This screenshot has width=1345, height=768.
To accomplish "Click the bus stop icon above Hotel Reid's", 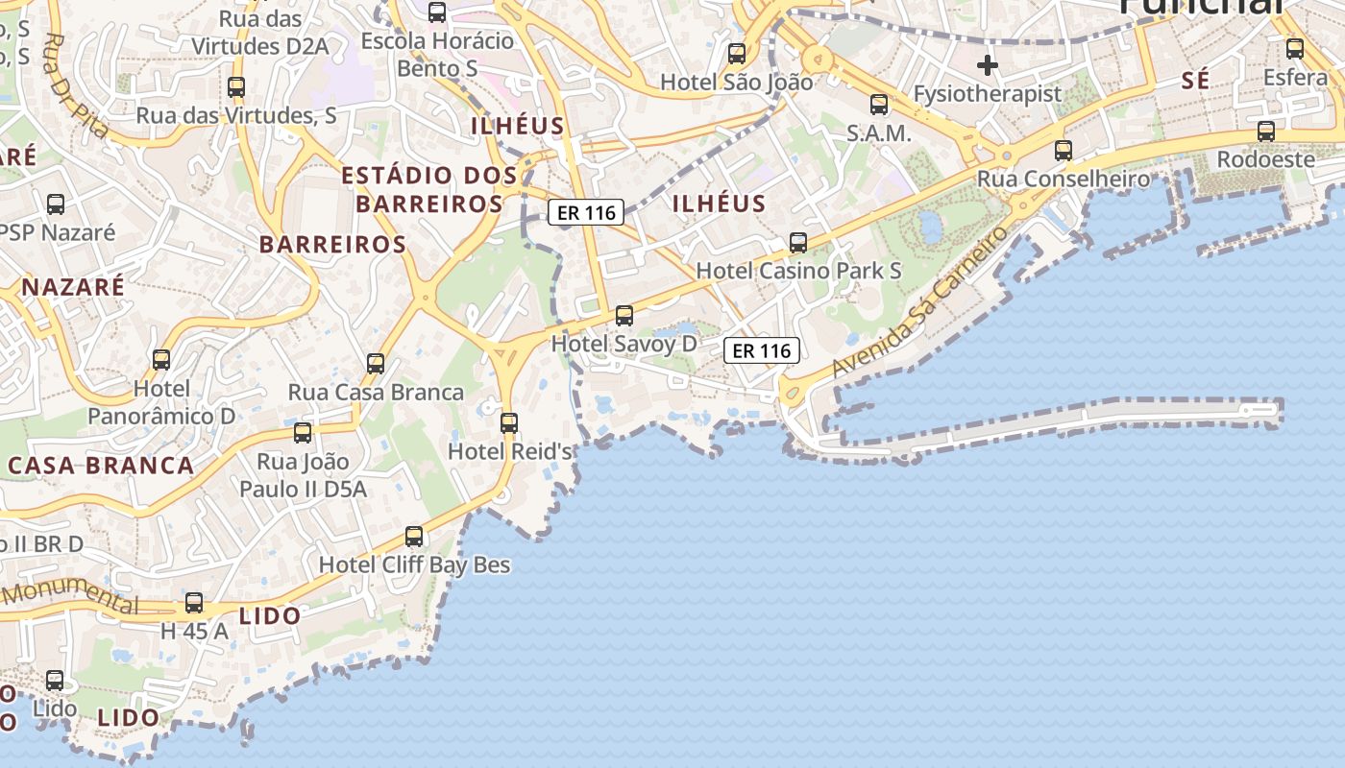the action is tap(509, 422).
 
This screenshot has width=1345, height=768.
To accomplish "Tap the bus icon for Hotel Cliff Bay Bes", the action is tap(414, 537).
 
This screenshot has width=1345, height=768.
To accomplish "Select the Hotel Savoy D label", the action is tap(624, 344).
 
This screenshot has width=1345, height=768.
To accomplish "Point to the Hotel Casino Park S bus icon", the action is tap(798, 243).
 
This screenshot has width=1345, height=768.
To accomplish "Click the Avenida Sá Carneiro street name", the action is tap(919, 302).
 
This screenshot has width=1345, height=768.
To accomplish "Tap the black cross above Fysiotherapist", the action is tap(988, 66).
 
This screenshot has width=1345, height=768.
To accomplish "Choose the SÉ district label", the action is tap(1196, 82).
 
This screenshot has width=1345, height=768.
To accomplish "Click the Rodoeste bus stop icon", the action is tap(1266, 132).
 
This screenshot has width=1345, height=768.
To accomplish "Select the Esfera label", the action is tap(1295, 77).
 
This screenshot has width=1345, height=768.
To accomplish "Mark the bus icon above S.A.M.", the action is tap(879, 105).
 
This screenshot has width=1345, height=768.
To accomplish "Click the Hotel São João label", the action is tap(736, 83).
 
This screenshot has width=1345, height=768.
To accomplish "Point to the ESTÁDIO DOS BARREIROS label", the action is tap(429, 189).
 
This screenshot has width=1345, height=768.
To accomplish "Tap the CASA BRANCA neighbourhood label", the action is tap(101, 466).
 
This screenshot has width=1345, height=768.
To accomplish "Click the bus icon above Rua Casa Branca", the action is tap(376, 364).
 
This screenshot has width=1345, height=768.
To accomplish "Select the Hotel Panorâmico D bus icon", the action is tap(161, 360).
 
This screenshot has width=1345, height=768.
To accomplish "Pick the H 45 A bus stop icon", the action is tap(194, 603).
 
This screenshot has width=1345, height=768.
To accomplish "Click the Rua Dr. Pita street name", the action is tap(77, 86).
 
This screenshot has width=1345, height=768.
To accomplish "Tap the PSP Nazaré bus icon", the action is tap(56, 204).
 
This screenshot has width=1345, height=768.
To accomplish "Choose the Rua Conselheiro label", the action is tap(1064, 179).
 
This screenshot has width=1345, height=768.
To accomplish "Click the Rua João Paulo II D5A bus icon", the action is tap(303, 433).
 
